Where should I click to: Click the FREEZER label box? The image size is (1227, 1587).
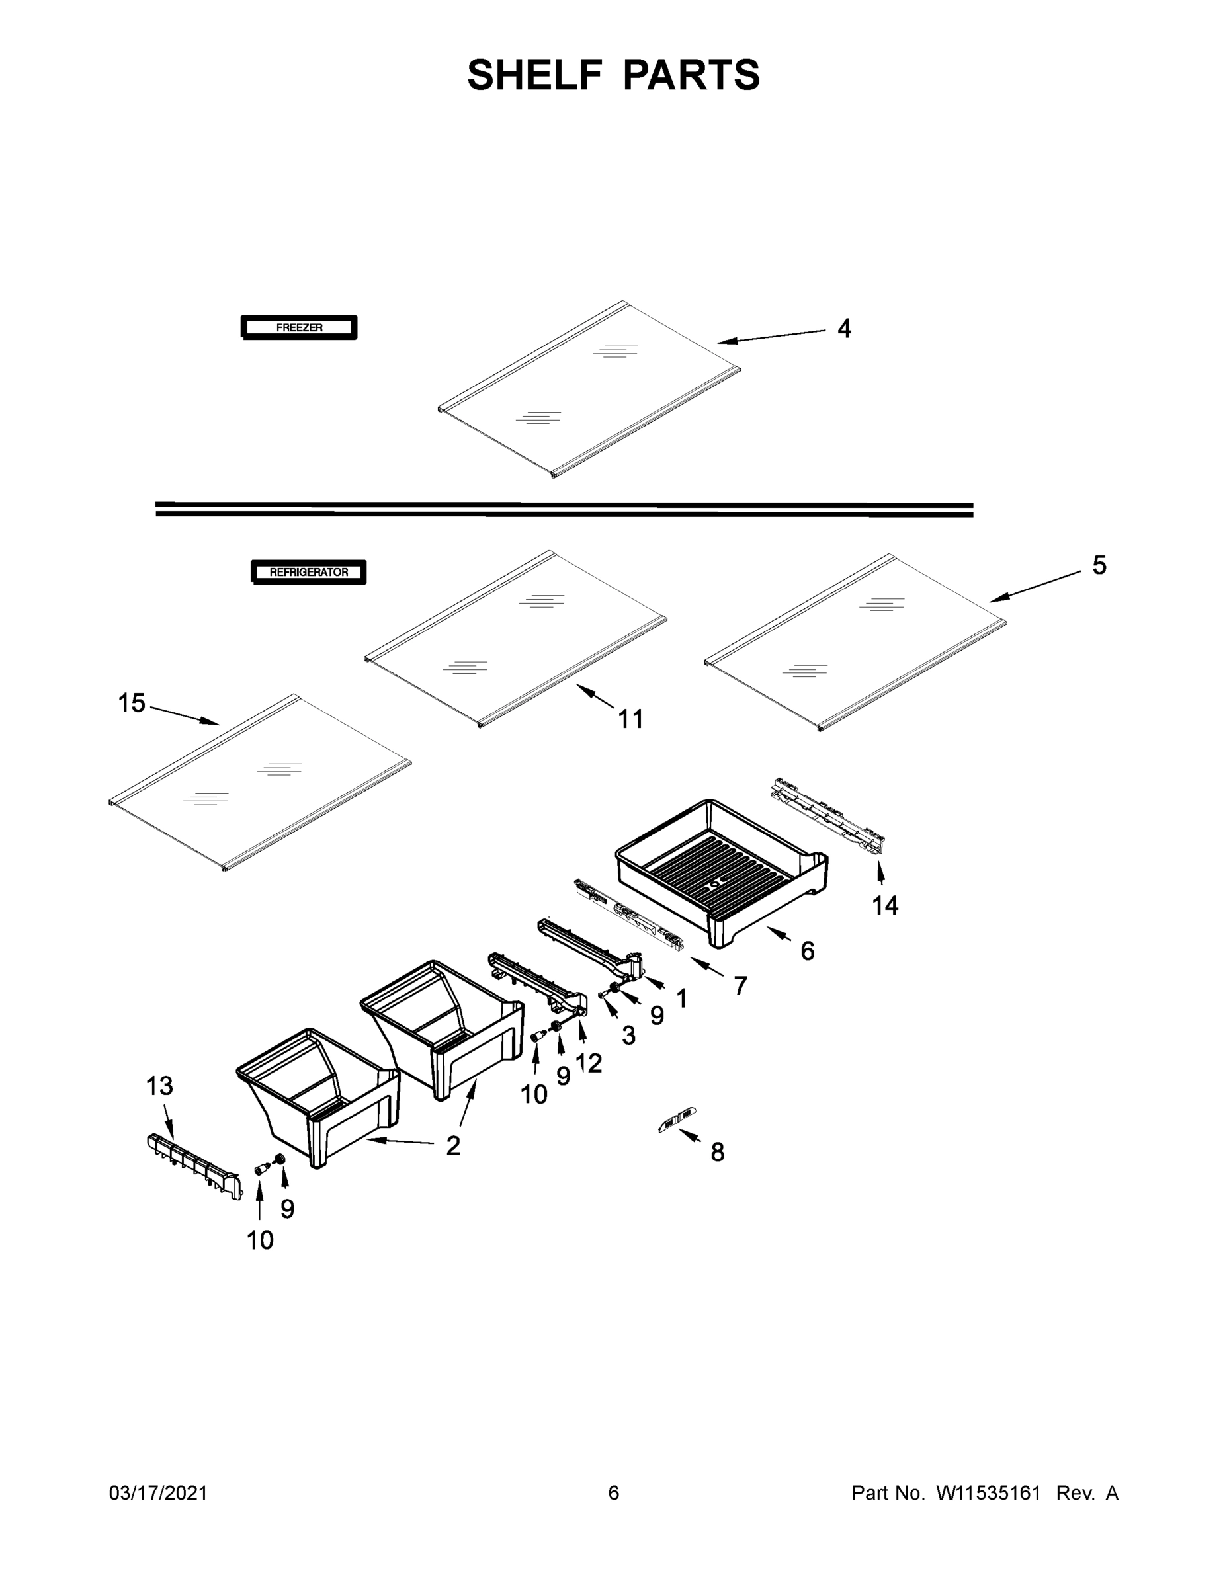coord(299,328)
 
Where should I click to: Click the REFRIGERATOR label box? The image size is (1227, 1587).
coord(308,572)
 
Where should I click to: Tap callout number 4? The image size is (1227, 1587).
coord(843,329)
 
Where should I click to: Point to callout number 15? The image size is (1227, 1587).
coord(132,703)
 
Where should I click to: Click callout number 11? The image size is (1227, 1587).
coord(630,719)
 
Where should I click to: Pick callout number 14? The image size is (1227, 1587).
coord(884,905)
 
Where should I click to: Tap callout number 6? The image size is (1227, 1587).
coord(807,950)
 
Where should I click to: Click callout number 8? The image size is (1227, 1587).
coord(718,1152)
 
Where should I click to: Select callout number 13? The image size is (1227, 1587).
coord(159,1086)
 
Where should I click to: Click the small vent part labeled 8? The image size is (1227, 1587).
coord(677,1119)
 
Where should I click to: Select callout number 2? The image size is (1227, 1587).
coord(453,1146)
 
